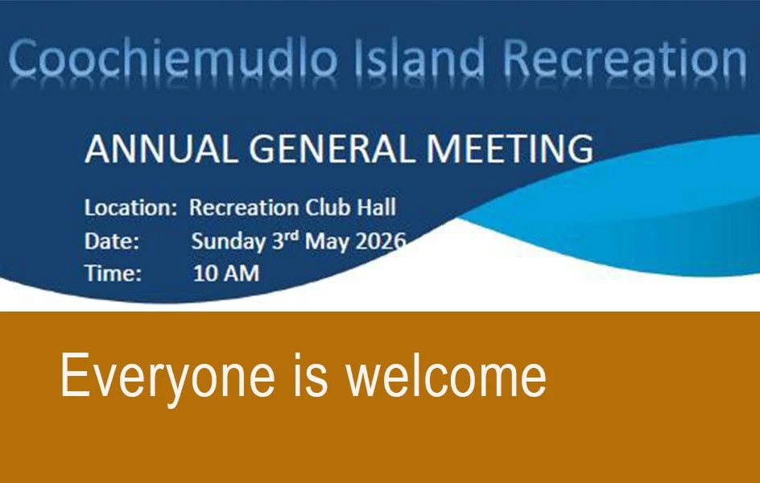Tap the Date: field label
112,242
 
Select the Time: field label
114,274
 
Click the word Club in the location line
326,208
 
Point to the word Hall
374,208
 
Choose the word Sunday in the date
228,242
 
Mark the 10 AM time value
226,274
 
